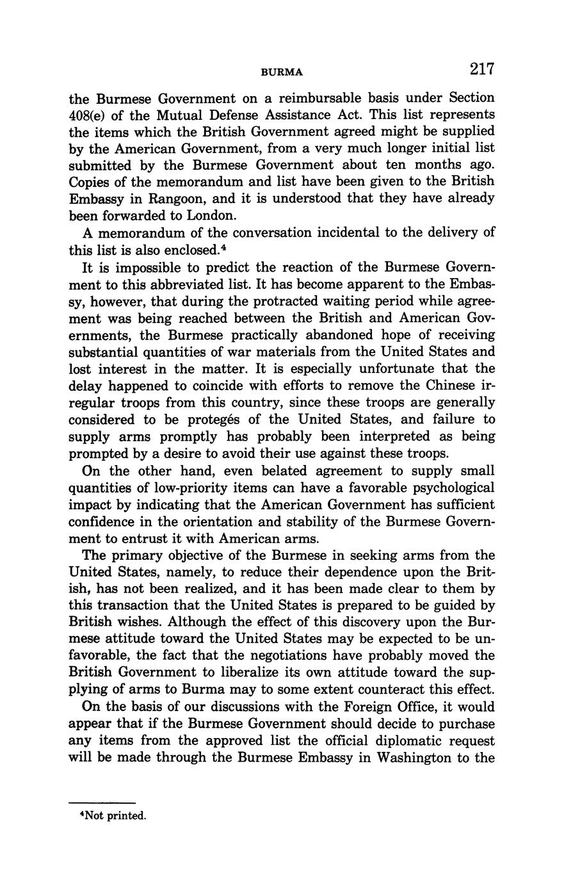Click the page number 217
[x=481, y=69]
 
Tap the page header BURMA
[x=282, y=72]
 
